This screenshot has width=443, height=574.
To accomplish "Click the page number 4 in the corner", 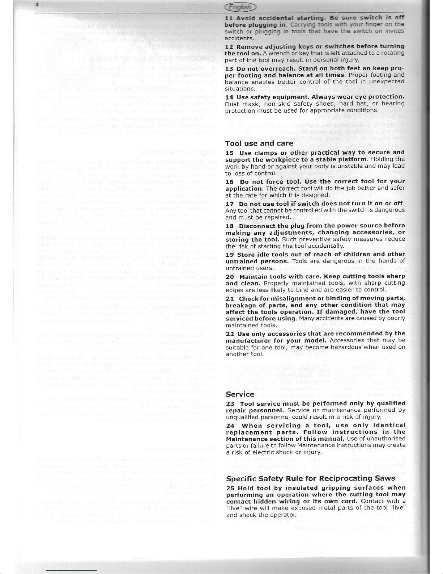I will (x=7, y=5).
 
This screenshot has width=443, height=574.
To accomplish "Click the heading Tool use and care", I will (x=259, y=143).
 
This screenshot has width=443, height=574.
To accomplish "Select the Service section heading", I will (x=240, y=394).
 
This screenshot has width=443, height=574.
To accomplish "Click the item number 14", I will (x=230, y=97).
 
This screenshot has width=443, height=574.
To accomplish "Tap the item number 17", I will (x=230, y=204).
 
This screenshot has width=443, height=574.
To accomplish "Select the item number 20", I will (x=230, y=277).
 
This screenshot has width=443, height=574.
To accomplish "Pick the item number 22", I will (x=230, y=334).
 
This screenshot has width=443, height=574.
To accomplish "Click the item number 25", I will (x=230, y=488).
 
